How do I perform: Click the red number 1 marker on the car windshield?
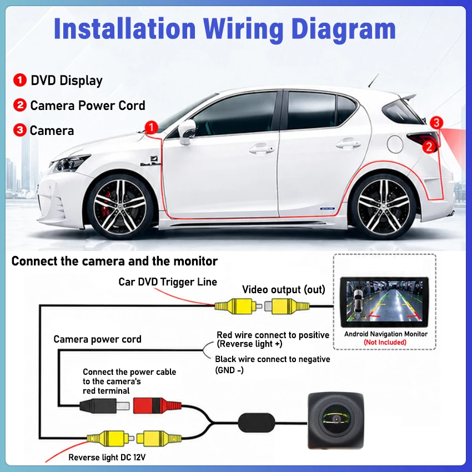152,127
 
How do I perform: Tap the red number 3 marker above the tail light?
436,123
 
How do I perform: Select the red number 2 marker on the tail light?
429,147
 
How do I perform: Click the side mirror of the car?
187,132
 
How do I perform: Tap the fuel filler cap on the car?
395,144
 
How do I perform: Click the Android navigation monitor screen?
384,302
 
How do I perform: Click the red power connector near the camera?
157,405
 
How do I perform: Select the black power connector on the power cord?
104,406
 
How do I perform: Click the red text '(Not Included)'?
385,342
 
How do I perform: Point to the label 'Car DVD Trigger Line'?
168,282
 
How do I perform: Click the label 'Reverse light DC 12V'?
107,457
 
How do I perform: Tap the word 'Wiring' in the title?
243,29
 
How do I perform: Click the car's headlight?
70,163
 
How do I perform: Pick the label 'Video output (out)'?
284,289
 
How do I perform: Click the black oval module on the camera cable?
257,423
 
